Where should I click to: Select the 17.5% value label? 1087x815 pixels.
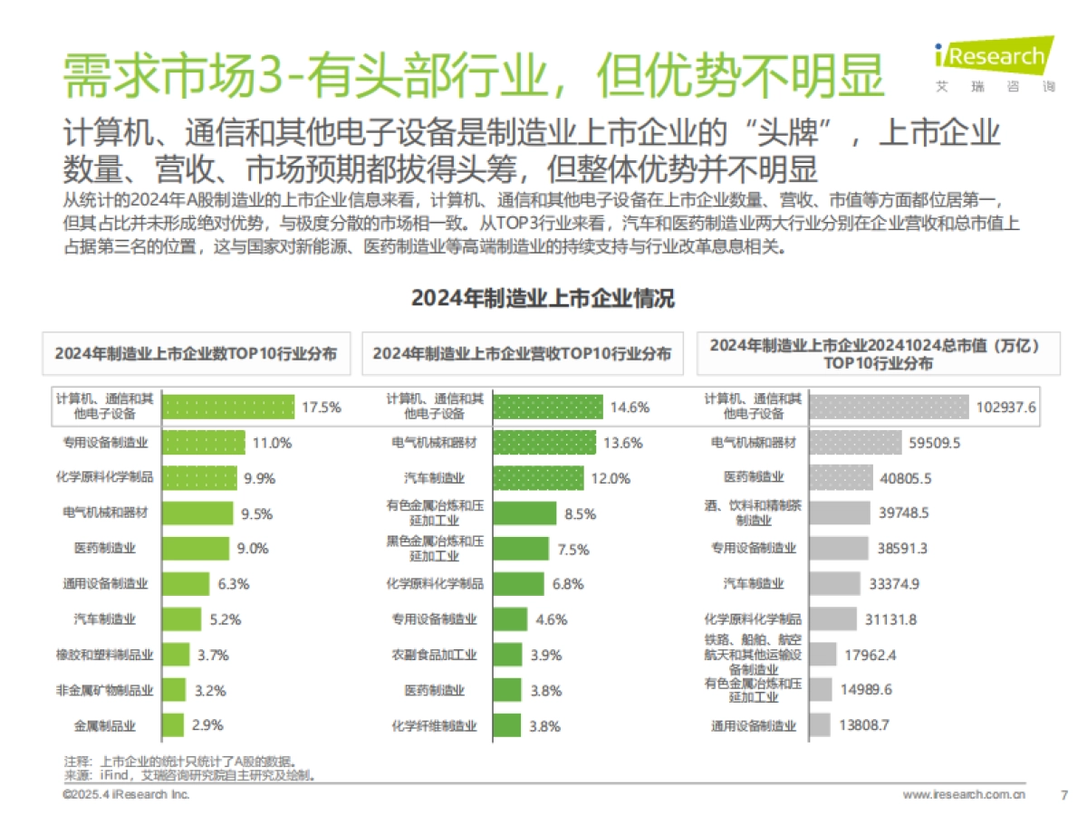click(x=321, y=407)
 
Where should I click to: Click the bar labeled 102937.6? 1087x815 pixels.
click(x=889, y=407)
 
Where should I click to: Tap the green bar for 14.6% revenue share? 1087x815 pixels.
click(x=548, y=407)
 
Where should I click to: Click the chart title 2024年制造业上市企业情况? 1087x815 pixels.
click(x=543, y=299)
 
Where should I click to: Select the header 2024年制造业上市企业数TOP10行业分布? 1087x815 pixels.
click(x=196, y=354)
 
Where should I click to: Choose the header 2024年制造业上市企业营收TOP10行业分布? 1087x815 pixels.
click(x=522, y=354)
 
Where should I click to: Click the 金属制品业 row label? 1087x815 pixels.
click(x=105, y=725)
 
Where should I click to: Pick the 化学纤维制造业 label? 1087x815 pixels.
click(x=435, y=725)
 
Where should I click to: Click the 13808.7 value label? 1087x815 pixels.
click(x=865, y=725)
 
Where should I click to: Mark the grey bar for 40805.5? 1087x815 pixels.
click(x=841, y=477)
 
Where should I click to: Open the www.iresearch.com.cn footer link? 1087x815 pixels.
click(x=964, y=795)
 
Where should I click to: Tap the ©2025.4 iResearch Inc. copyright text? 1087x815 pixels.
click(x=126, y=794)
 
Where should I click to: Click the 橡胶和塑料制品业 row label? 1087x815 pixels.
click(x=105, y=655)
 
